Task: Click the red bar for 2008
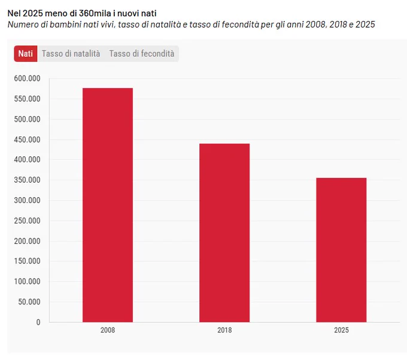108,205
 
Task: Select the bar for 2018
224,233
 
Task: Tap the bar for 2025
341,250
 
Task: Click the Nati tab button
26,54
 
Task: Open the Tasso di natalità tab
71,54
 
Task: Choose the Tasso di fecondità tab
142,54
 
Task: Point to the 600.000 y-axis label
28,78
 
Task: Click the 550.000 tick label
28,99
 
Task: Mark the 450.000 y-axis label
28,140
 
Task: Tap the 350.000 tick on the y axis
28,180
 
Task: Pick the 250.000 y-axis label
28,221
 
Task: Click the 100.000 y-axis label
28,282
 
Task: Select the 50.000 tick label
29,302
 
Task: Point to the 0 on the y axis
38,322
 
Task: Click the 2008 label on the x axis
108,330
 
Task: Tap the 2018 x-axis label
224,330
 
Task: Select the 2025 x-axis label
341,330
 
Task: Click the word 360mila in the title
95,13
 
